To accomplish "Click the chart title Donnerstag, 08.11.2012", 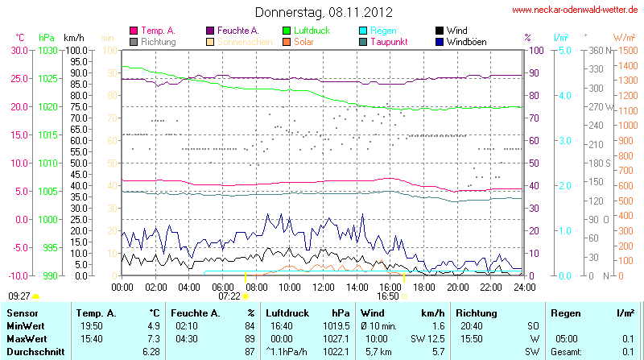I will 324,12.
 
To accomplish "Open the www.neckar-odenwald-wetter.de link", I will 575,10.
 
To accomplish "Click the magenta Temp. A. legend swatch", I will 134,31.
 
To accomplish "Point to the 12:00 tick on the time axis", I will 324,286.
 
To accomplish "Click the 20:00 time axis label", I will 457,286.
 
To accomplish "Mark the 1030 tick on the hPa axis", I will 47,50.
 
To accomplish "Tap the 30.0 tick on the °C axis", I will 19,50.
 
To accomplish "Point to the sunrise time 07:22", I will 229,296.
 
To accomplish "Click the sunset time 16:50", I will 387,296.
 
